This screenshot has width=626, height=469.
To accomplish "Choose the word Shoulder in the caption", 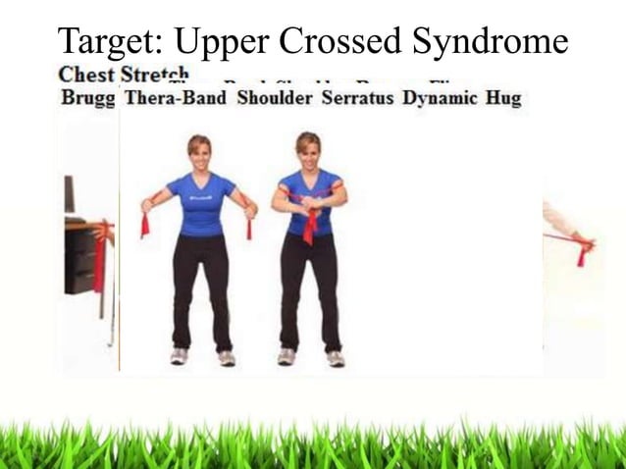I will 273,98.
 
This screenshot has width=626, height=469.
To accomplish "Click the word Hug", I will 503,98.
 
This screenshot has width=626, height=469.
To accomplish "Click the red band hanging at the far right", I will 583,255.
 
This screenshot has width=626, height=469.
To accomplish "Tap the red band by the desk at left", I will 99,260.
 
